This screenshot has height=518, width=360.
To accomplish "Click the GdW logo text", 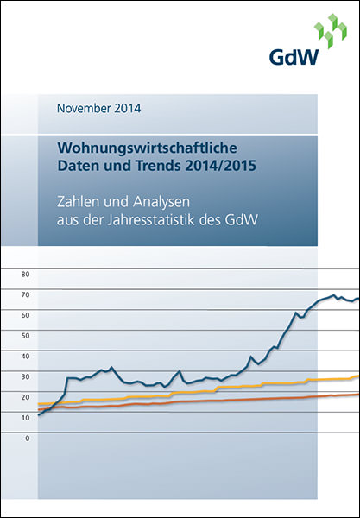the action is pyautogui.click(x=294, y=57).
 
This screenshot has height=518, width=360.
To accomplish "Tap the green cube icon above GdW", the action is pyautogui.click(x=331, y=31).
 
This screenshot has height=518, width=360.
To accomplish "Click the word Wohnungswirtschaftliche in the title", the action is pyautogui.click(x=148, y=148).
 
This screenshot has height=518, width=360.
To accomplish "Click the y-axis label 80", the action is pyautogui.click(x=26, y=274).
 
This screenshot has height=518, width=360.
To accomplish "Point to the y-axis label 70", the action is pyautogui.click(x=26, y=294).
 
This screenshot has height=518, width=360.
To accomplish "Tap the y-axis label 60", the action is pyautogui.click(x=26, y=315).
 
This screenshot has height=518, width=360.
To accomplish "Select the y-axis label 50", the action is pyautogui.click(x=26, y=336).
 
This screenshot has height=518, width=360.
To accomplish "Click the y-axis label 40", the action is pyautogui.click(x=26, y=356).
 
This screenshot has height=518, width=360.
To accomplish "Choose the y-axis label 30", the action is pyautogui.click(x=26, y=376).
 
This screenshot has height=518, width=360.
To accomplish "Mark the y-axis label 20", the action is pyautogui.click(x=26, y=397).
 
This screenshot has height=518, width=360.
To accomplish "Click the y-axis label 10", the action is pyautogui.click(x=26, y=418).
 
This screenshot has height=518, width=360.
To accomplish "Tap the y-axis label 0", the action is pyautogui.click(x=28, y=439).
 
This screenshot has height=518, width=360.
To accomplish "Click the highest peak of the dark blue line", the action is pyautogui.click(x=333, y=294).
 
